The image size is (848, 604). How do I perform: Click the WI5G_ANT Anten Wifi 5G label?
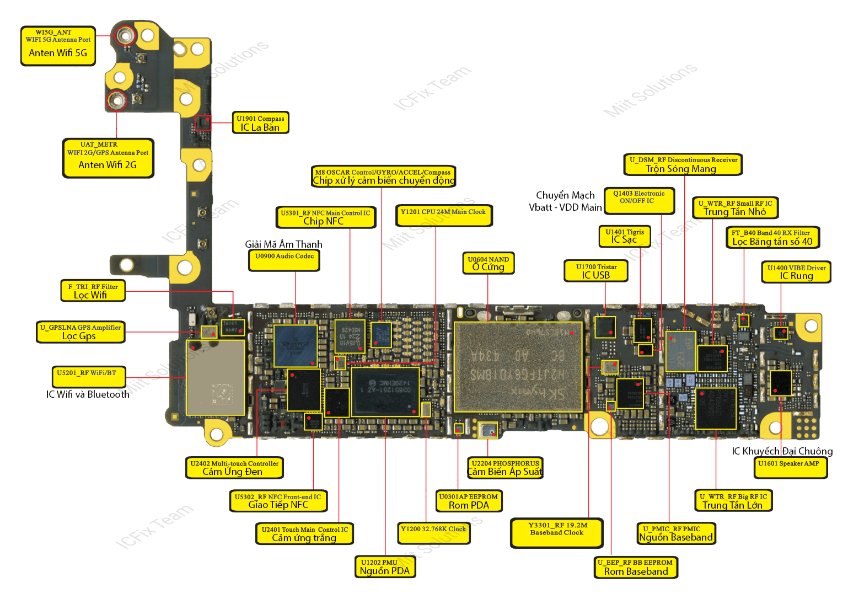coord(58,46)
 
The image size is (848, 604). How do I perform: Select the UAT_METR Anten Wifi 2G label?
coord(108,158)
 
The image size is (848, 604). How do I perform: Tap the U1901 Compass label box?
coord(260,122)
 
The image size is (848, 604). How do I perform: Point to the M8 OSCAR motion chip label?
coord(384,177)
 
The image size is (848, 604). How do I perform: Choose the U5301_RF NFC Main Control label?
coord(325,217)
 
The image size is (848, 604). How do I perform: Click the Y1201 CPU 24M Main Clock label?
coord(443,215)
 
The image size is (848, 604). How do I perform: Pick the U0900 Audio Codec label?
coord(284,260)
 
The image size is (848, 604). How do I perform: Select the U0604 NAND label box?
coord(488,263)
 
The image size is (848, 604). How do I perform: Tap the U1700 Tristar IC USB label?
coord(596,271)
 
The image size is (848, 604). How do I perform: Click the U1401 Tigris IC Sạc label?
coord(624,236)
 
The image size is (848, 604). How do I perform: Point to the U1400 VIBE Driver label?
coord(796,272)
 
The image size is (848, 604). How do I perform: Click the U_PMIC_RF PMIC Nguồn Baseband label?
coord(675,533)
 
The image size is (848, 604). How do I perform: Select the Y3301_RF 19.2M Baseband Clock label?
coord(557,532)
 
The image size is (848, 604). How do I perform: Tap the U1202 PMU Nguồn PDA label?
coord(385,566)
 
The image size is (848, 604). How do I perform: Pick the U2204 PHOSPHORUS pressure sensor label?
coord(505,467)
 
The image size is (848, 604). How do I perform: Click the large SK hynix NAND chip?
coord(518,367)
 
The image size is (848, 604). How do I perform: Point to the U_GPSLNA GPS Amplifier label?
coord(80,332)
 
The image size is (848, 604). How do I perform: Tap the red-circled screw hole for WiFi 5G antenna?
coord(125,36)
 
